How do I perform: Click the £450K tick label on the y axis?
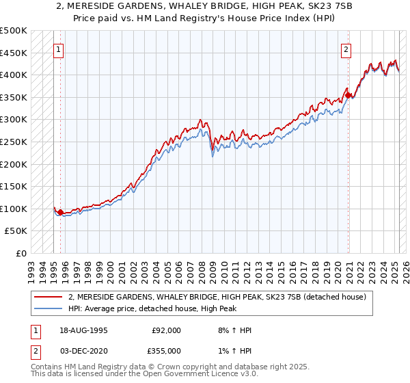(14, 53)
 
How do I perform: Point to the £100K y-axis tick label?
(14, 209)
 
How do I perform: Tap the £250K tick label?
(14, 142)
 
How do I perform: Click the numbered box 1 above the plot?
(59, 49)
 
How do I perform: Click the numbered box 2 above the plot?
(346, 49)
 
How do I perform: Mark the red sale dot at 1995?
(60, 212)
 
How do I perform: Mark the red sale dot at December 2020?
(347, 95)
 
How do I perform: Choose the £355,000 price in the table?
(167, 350)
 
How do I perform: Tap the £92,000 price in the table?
(167, 330)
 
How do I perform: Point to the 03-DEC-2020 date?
(82, 350)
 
